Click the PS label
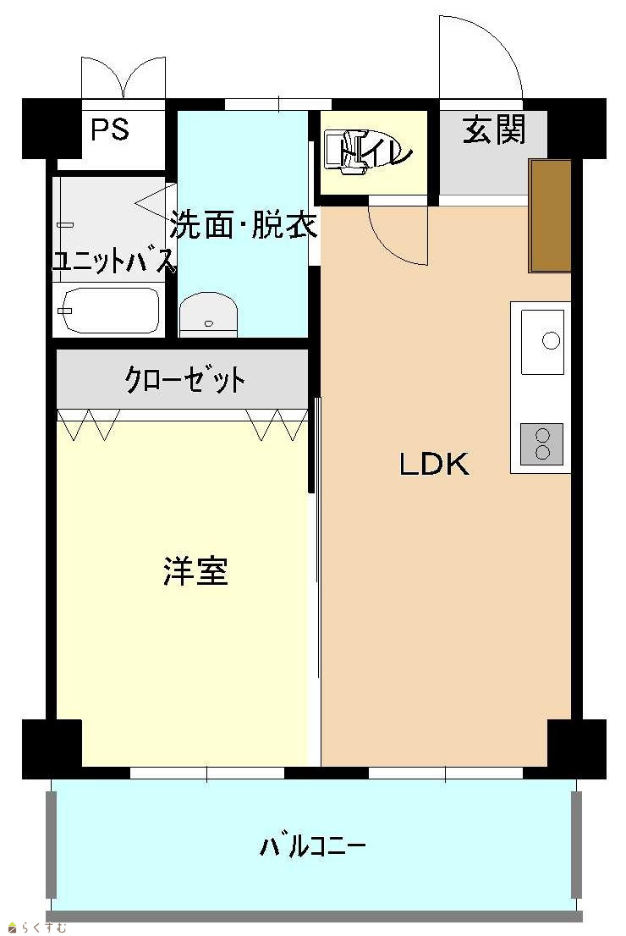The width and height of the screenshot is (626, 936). coord(110,129)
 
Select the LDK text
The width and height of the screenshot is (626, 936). coord(435,464)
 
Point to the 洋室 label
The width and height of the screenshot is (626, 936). coord(195,570)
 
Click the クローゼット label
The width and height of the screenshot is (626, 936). coord(185,380)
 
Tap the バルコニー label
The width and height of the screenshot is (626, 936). coord(312,845)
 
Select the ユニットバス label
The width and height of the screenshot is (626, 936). coord(113,261)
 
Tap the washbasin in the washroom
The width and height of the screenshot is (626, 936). coord(208,314)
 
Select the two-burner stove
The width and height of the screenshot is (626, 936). coord(542,443)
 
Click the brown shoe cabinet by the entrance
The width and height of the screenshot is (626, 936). coord(550,216)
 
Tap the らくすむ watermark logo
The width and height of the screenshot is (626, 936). coord(36,928)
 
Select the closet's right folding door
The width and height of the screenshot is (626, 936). coord(277,425)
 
